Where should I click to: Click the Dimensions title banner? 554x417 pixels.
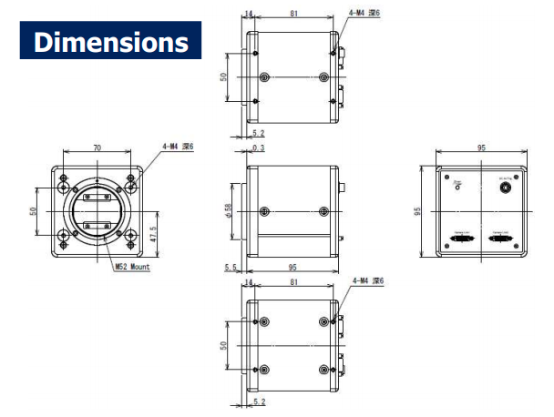click(x=110, y=41)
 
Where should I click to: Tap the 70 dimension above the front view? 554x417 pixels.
click(x=97, y=147)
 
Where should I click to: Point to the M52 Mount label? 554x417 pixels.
click(x=131, y=267)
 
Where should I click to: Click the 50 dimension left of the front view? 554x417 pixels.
click(x=34, y=211)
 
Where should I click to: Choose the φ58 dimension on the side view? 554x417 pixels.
click(x=229, y=211)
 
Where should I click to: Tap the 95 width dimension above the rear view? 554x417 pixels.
click(x=481, y=147)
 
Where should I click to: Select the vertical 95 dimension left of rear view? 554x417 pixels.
click(x=417, y=211)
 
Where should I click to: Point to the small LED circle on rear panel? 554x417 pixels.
click(x=457, y=188)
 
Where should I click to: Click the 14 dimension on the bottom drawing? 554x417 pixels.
click(x=248, y=282)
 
